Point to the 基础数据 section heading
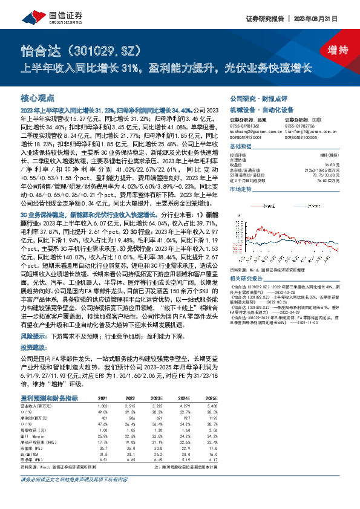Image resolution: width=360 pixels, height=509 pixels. click(241, 148)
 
